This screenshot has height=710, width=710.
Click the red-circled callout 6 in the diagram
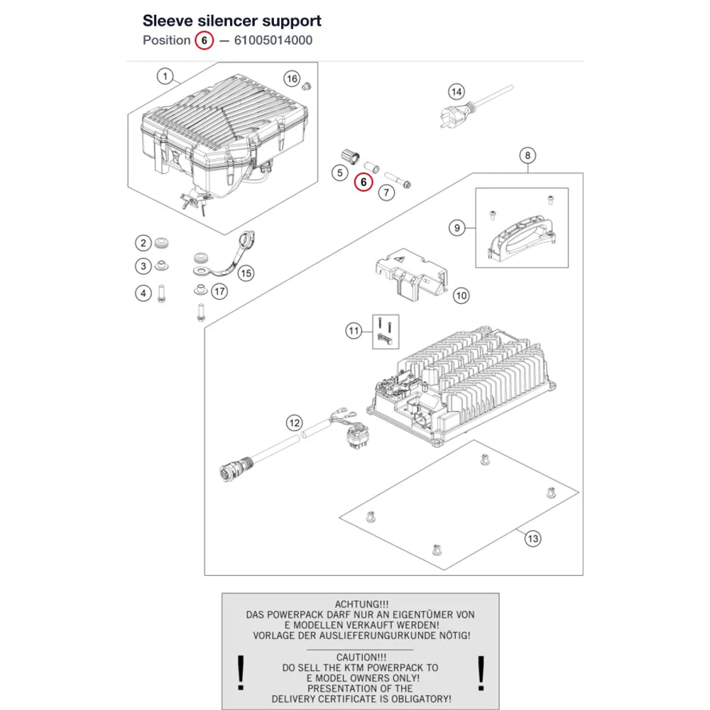click(363, 182)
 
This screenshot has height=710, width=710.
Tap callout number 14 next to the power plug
click(457, 92)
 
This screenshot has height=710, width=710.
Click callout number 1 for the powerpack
click(165, 76)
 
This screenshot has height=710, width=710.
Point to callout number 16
click(292, 79)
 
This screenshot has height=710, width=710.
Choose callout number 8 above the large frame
click(528, 155)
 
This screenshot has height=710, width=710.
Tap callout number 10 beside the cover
click(461, 296)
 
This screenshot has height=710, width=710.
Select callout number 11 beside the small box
click(354, 331)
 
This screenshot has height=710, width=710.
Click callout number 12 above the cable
click(295, 423)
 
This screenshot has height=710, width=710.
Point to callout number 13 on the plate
click(533, 539)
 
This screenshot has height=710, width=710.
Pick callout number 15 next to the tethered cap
click(246, 273)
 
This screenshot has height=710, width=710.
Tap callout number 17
click(219, 292)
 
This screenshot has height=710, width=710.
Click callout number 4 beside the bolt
click(143, 293)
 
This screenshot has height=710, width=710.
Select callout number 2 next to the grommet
click(143, 243)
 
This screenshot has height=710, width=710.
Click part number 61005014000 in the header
click(273, 40)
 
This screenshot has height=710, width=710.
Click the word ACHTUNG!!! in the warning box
click(361, 604)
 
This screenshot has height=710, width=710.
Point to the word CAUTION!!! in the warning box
click(361, 657)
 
